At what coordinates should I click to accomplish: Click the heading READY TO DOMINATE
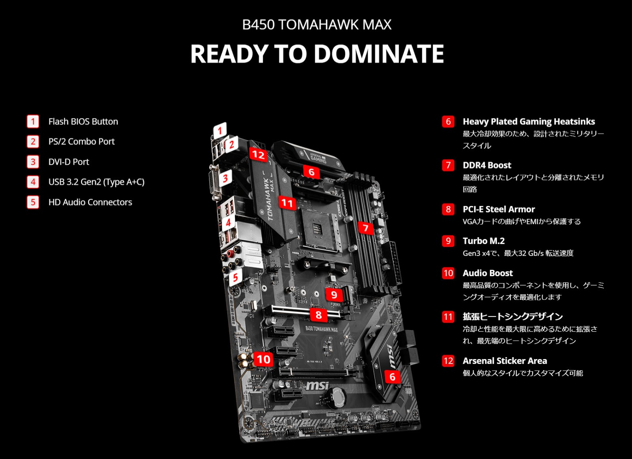(x=317, y=54)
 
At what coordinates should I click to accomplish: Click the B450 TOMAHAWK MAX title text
(x=317, y=25)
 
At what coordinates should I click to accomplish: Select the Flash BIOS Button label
(x=83, y=121)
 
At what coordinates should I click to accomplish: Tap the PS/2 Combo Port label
(x=81, y=141)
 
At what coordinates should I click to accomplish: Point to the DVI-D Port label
(x=69, y=162)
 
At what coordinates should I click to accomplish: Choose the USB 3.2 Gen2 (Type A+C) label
(x=96, y=182)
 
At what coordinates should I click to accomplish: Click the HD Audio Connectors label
(x=90, y=202)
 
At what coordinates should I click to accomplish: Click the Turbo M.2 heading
(x=483, y=241)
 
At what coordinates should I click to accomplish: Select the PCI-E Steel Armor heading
(x=498, y=209)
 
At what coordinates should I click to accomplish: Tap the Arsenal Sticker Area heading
(x=505, y=361)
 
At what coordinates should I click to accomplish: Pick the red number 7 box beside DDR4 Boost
(x=448, y=165)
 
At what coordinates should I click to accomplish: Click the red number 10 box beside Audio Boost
(x=448, y=273)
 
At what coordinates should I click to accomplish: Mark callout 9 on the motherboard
(x=334, y=294)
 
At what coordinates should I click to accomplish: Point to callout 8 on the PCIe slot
(x=318, y=315)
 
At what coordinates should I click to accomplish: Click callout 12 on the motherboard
(x=258, y=154)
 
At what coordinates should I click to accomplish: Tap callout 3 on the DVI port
(x=225, y=178)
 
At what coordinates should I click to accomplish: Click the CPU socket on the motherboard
(x=318, y=229)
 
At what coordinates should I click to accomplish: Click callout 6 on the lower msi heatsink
(x=392, y=376)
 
